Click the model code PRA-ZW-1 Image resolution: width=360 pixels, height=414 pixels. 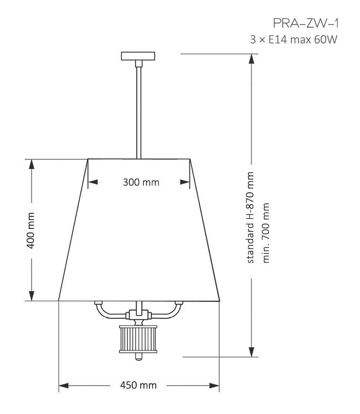click(305, 23)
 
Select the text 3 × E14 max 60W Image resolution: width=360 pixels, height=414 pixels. click(294, 40)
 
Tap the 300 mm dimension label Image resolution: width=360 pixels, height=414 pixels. click(141, 182)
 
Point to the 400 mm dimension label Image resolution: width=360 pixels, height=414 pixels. click(31, 230)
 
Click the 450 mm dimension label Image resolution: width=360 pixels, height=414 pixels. click(138, 385)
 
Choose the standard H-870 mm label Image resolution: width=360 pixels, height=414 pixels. click(250, 217)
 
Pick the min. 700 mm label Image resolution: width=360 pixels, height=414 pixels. click(266, 233)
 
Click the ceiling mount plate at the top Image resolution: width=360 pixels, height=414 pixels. click(138, 56)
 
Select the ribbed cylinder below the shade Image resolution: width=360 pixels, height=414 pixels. click(138, 339)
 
